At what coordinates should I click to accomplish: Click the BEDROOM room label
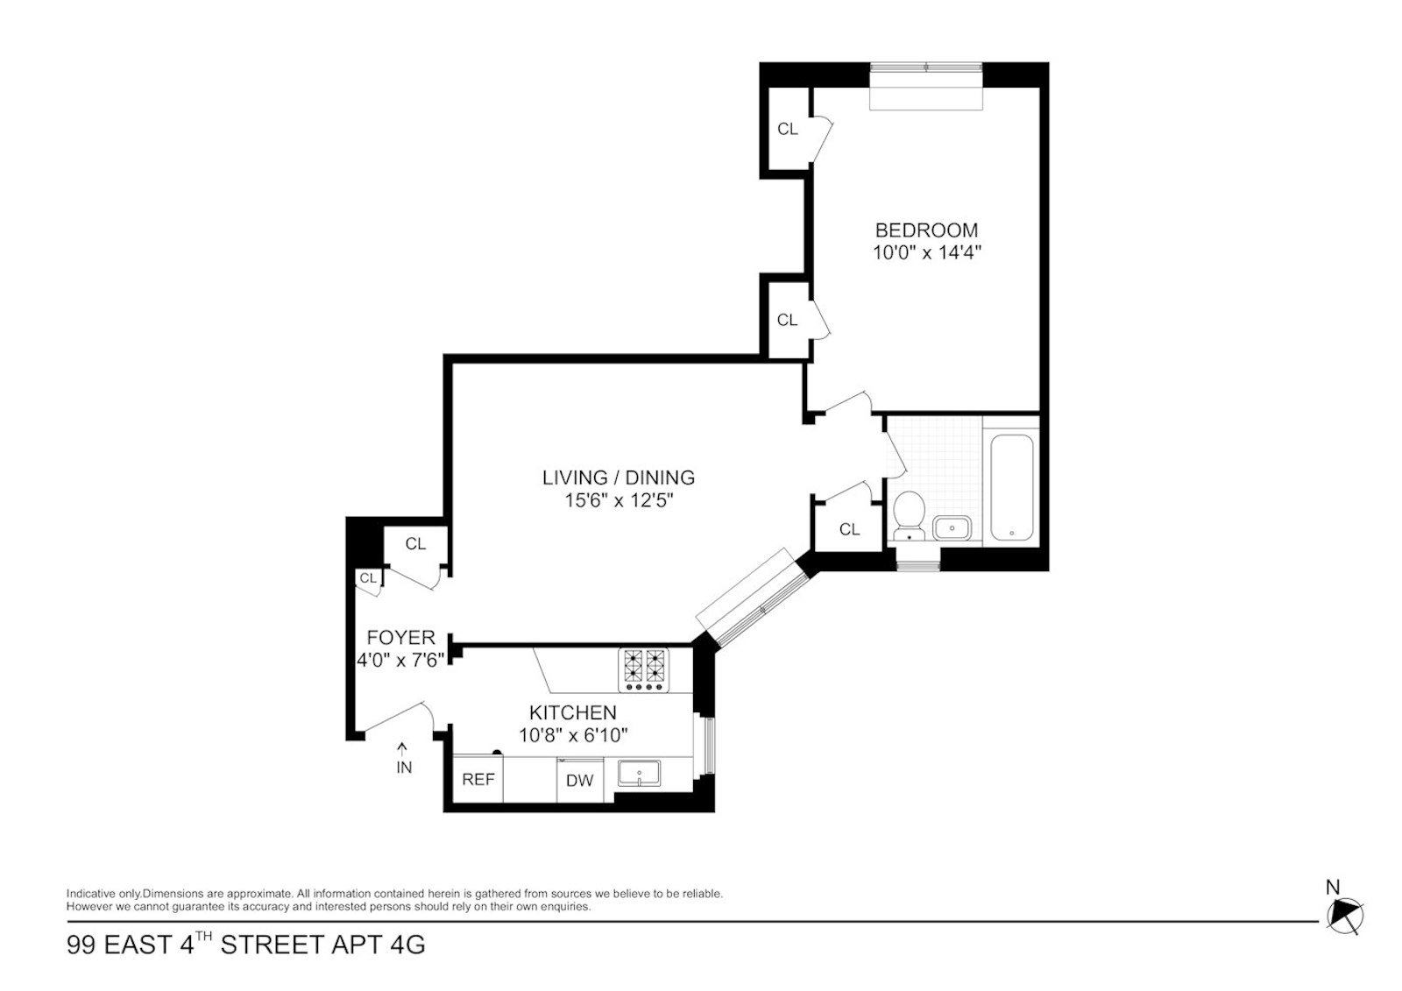926,230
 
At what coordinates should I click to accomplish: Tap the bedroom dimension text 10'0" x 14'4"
926,253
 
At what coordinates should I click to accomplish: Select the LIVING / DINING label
618,478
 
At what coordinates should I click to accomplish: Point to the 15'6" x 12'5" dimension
618,501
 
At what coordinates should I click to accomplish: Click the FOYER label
400,637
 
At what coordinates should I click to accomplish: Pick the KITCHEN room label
572,712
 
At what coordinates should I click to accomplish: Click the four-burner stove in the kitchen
643,670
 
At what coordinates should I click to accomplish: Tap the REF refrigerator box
478,779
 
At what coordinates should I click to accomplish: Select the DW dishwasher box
579,780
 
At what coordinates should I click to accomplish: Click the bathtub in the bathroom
1012,488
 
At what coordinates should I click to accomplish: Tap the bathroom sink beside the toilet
951,528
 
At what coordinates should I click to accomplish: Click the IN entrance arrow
403,758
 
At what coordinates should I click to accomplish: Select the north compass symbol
1345,916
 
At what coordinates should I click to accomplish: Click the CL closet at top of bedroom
787,129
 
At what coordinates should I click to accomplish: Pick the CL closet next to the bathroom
849,528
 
